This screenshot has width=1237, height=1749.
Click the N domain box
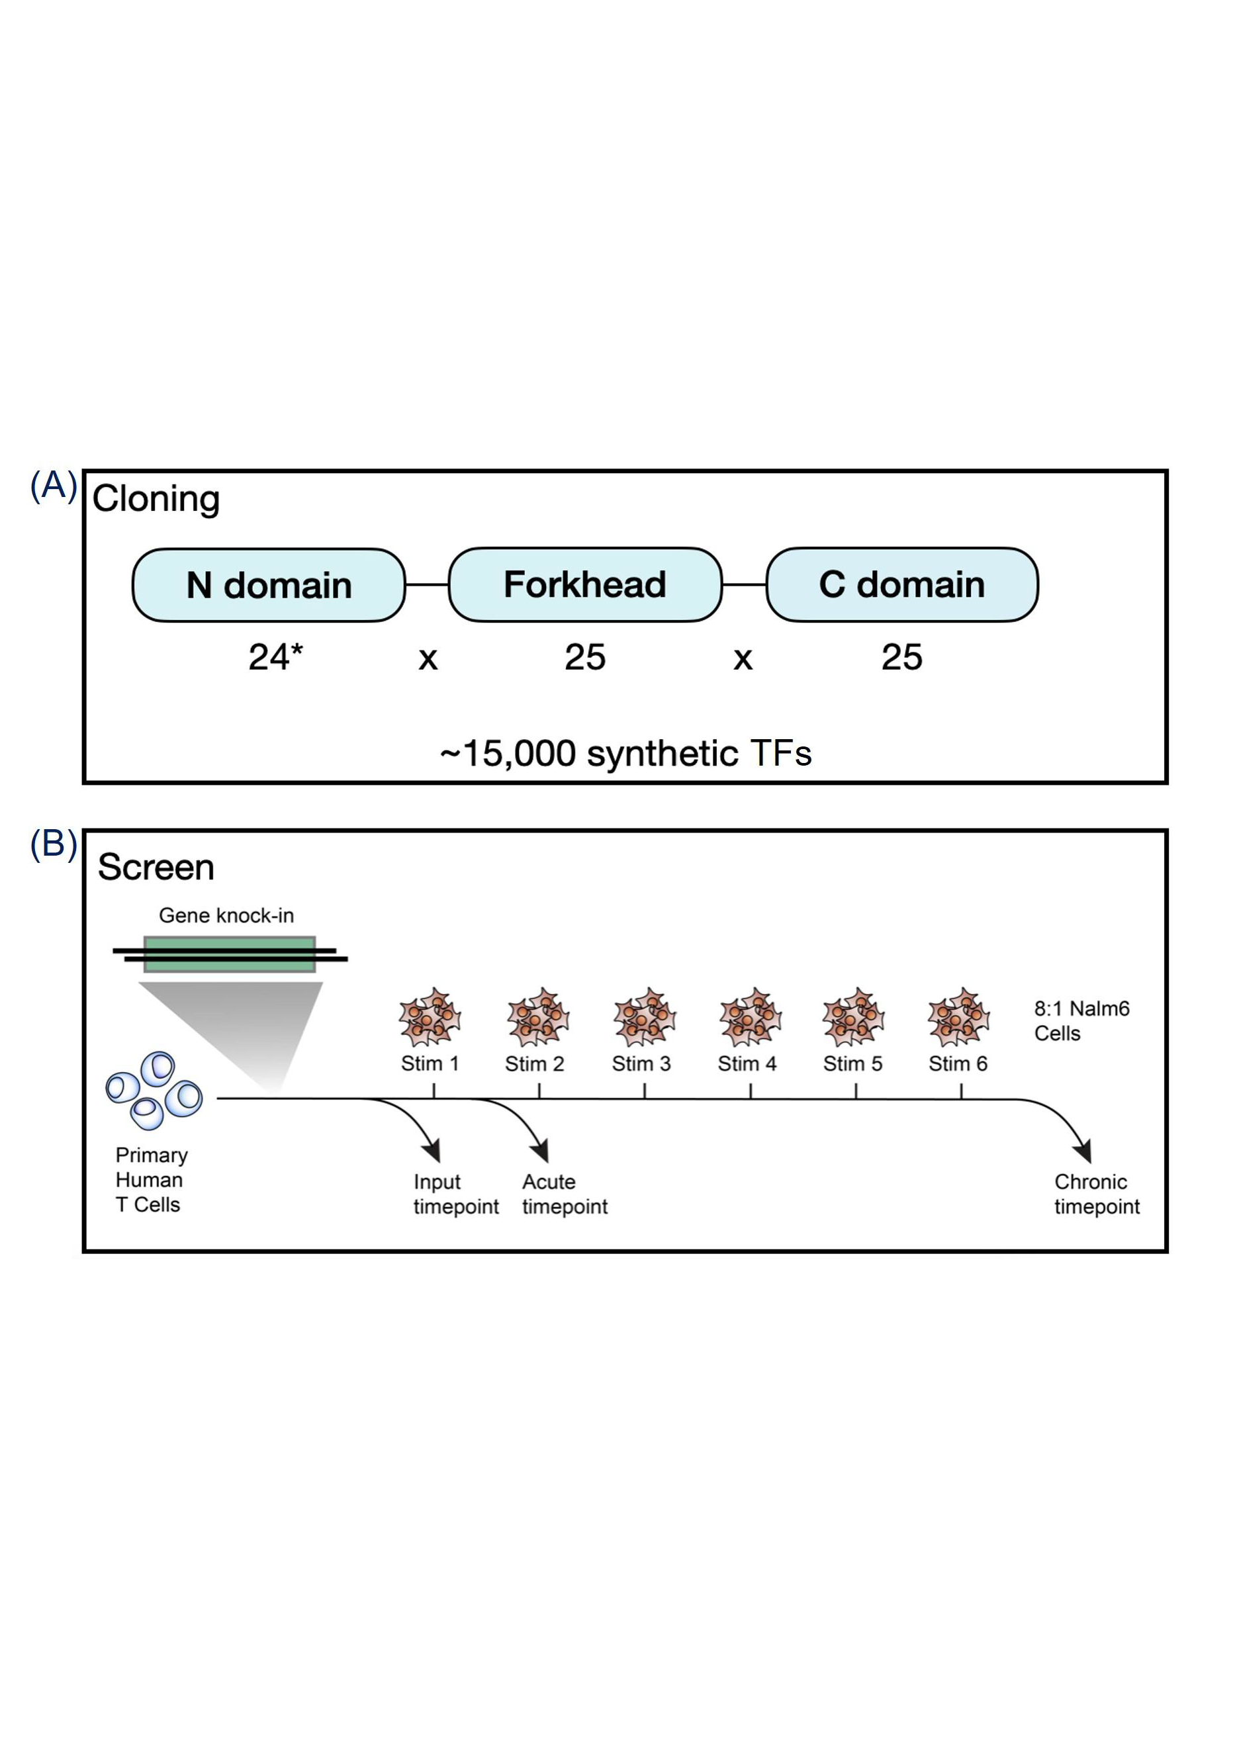point(268,585)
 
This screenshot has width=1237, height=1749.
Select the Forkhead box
point(584,584)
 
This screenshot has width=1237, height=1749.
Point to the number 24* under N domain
point(275,656)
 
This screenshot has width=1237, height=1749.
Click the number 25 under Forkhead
point(584,656)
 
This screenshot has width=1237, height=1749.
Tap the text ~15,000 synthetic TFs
point(625,753)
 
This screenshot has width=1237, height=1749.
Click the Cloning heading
point(156,499)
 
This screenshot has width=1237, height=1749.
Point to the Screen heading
point(156,867)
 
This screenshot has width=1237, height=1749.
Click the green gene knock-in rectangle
point(229,954)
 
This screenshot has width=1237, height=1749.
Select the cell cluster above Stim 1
point(430,1018)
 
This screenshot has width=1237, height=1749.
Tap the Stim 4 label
point(747,1063)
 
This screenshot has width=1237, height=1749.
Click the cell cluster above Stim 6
point(958,1018)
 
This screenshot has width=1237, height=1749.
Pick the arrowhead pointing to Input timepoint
point(434,1150)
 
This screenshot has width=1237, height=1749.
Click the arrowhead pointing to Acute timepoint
point(541,1150)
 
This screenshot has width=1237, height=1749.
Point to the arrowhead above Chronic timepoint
point(1084,1150)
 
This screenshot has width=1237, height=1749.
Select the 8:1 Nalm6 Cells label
point(1081,1021)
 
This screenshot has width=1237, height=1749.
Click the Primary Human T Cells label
point(151,1179)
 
